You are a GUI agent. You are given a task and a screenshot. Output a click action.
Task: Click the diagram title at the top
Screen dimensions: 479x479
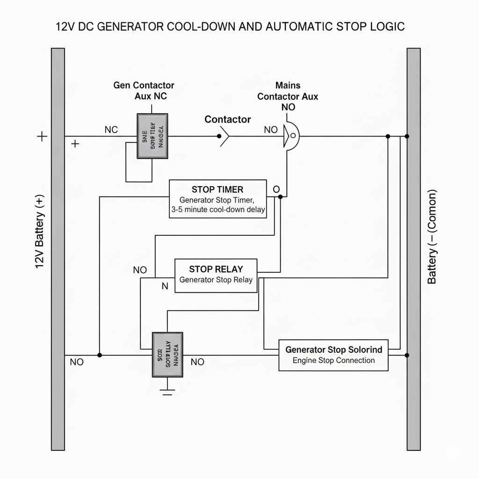click(230, 27)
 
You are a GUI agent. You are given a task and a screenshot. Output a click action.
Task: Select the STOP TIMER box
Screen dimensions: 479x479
click(218, 199)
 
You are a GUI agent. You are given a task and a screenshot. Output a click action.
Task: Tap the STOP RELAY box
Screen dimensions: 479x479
click(216, 276)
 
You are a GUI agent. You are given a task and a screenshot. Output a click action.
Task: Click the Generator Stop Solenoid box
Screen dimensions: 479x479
click(334, 355)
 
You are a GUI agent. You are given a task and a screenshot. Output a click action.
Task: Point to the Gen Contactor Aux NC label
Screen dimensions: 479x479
click(144, 91)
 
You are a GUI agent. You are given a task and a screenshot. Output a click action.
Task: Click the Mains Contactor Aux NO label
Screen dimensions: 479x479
click(288, 96)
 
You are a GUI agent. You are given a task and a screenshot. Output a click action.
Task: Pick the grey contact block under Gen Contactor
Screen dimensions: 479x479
click(152, 136)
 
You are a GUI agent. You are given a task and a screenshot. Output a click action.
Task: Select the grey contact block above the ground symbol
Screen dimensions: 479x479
click(167, 355)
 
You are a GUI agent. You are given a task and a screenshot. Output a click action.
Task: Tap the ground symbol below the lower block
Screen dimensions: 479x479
click(167, 391)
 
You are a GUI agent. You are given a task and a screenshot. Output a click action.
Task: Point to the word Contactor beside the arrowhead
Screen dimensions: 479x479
click(228, 119)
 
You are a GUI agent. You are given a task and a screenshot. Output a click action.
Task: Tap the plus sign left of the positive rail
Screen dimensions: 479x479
click(42, 137)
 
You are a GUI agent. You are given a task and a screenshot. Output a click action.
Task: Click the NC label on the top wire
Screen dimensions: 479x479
click(111, 130)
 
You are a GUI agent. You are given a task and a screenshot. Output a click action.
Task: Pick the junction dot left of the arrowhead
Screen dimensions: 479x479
click(219, 137)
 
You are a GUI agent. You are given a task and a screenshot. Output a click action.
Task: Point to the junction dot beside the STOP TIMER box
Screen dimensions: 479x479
click(280, 197)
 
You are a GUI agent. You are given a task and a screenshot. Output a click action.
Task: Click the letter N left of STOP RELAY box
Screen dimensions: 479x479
click(165, 286)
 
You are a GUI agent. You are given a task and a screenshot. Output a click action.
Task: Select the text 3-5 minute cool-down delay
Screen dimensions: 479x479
click(218, 210)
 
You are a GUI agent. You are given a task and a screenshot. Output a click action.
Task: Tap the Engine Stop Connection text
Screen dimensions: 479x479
click(334, 361)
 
